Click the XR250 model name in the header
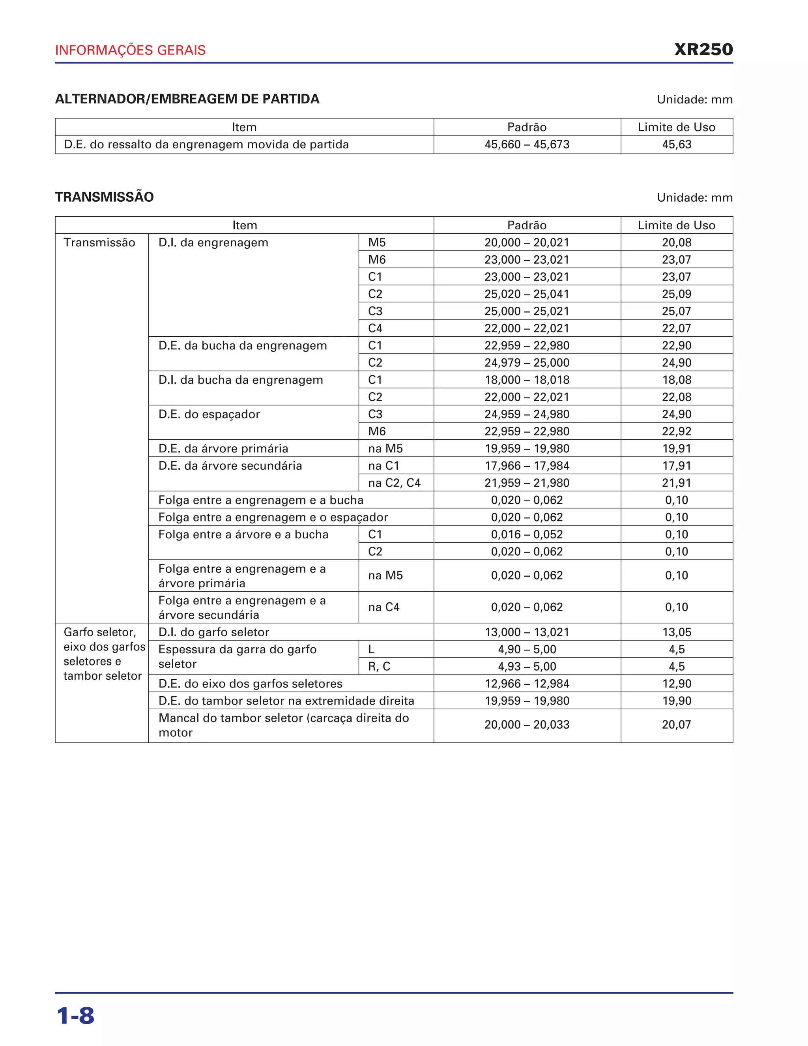tap(703, 49)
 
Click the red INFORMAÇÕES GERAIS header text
tap(130, 50)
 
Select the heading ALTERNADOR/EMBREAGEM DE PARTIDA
tap(187, 99)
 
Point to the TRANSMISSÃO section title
tap(104, 197)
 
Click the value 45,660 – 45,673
tap(527, 144)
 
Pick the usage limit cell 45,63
tap(676, 144)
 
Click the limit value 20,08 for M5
tap(676, 242)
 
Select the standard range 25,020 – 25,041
tap(527, 294)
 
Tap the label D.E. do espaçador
tap(209, 414)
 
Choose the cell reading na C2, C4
tap(394, 483)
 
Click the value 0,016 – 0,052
tap(527, 534)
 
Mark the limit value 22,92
tap(676, 431)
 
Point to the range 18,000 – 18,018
tap(527, 380)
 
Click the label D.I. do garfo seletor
tap(213, 632)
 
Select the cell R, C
tap(379, 667)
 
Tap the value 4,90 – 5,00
tap(527, 649)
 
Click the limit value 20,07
tap(676, 725)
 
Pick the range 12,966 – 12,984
tap(527, 684)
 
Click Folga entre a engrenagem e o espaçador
tap(273, 517)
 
